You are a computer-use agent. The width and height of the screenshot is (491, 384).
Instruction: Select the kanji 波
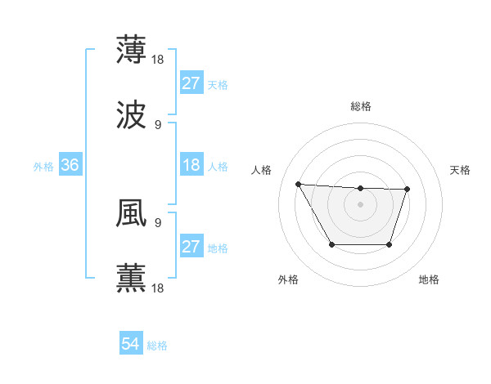point(131,115)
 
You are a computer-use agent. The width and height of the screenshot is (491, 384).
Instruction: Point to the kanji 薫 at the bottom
point(131,278)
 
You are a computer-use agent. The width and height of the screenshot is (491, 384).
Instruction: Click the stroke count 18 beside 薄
point(159,59)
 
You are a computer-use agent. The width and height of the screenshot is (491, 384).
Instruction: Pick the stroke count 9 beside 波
point(158,125)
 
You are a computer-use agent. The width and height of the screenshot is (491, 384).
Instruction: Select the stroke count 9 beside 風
point(158,221)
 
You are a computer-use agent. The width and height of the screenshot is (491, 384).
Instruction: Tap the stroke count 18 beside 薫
point(159,288)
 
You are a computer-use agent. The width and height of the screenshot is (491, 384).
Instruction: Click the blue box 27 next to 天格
point(191,83)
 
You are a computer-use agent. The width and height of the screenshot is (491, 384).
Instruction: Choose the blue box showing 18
point(191,165)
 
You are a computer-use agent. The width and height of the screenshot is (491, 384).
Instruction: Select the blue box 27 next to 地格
point(191,247)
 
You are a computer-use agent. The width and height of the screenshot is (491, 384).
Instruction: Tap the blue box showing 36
point(70,165)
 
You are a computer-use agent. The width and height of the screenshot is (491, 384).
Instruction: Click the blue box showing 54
point(131,345)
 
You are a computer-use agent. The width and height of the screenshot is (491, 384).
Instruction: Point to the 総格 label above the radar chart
point(361,106)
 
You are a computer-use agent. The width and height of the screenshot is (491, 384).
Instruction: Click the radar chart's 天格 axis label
point(461,170)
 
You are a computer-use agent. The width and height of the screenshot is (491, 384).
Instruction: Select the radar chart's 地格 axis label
point(429,279)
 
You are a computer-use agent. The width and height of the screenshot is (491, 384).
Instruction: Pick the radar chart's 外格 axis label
point(288,279)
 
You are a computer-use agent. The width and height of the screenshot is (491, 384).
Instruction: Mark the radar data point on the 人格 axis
point(298,184)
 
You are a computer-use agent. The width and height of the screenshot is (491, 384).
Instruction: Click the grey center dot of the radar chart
point(360,204)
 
